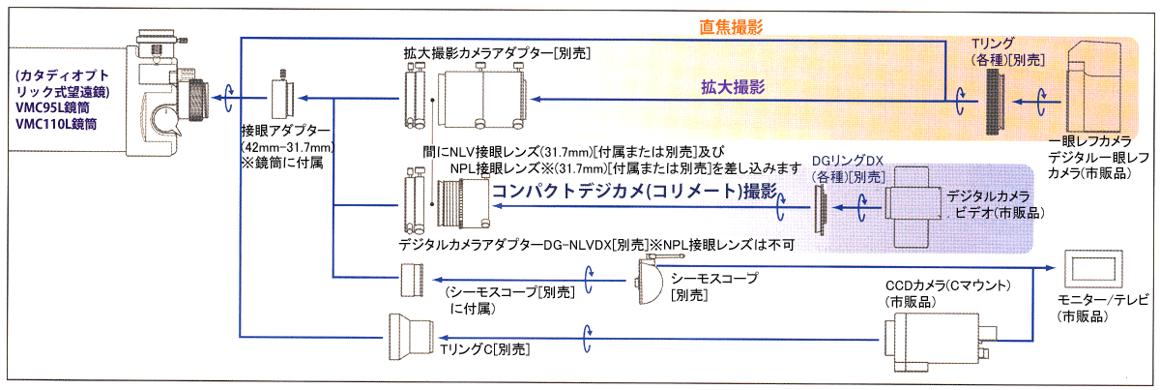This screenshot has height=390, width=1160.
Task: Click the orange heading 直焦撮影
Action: [x=731, y=27]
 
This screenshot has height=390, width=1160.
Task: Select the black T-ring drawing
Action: [x=995, y=100]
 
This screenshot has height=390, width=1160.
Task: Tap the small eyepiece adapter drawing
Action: [x=284, y=97]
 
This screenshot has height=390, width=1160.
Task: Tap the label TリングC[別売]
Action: [x=486, y=347]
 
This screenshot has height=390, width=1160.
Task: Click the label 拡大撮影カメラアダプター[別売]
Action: [x=497, y=52]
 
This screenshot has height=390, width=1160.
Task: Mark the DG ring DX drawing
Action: [x=821, y=206]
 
